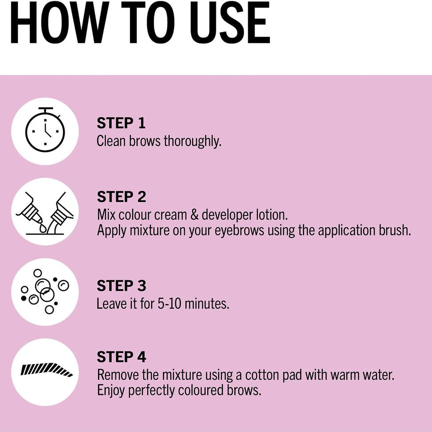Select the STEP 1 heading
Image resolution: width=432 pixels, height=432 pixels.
click(121, 123)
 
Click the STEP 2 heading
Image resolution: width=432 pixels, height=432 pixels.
click(122, 197)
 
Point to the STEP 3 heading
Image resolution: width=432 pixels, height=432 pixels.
click(122, 286)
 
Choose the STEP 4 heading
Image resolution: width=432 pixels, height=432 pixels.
click(122, 357)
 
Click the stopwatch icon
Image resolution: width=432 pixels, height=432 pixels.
click(45, 130)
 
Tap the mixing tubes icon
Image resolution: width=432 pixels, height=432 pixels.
click(45, 213)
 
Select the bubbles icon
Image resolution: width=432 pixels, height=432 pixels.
click(45, 291)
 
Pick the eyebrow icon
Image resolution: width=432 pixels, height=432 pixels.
click(47, 370)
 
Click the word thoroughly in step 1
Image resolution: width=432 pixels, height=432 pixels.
click(193, 142)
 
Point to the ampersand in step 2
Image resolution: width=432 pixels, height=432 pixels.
click(194, 215)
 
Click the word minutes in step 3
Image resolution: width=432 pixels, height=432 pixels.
click(207, 304)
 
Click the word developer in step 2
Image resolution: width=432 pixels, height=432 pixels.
click(227, 216)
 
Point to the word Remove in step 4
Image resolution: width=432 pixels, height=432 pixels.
click(118, 375)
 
